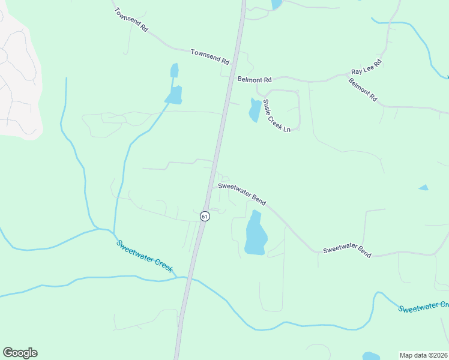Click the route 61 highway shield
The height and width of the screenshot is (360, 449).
pos(205,216)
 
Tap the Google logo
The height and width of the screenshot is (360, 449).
pos(20,353)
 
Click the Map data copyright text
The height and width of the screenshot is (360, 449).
pos(424,355)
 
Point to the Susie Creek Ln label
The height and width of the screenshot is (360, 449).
pos(277,116)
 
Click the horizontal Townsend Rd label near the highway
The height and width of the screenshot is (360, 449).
pos(210,57)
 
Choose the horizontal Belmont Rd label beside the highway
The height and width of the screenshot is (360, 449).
pos(255,79)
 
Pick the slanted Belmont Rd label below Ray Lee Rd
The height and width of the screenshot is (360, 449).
pos(363,89)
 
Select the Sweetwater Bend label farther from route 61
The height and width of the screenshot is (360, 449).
pos(347,252)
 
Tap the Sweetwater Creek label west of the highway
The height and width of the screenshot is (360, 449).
pos(144,256)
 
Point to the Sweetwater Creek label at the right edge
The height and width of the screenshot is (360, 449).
pos(424,307)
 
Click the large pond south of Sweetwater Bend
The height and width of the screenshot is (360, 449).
pos(255,234)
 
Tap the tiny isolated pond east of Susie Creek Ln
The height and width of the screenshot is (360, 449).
pos(423,188)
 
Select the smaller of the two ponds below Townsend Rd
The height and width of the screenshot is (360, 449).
pos(175,71)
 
